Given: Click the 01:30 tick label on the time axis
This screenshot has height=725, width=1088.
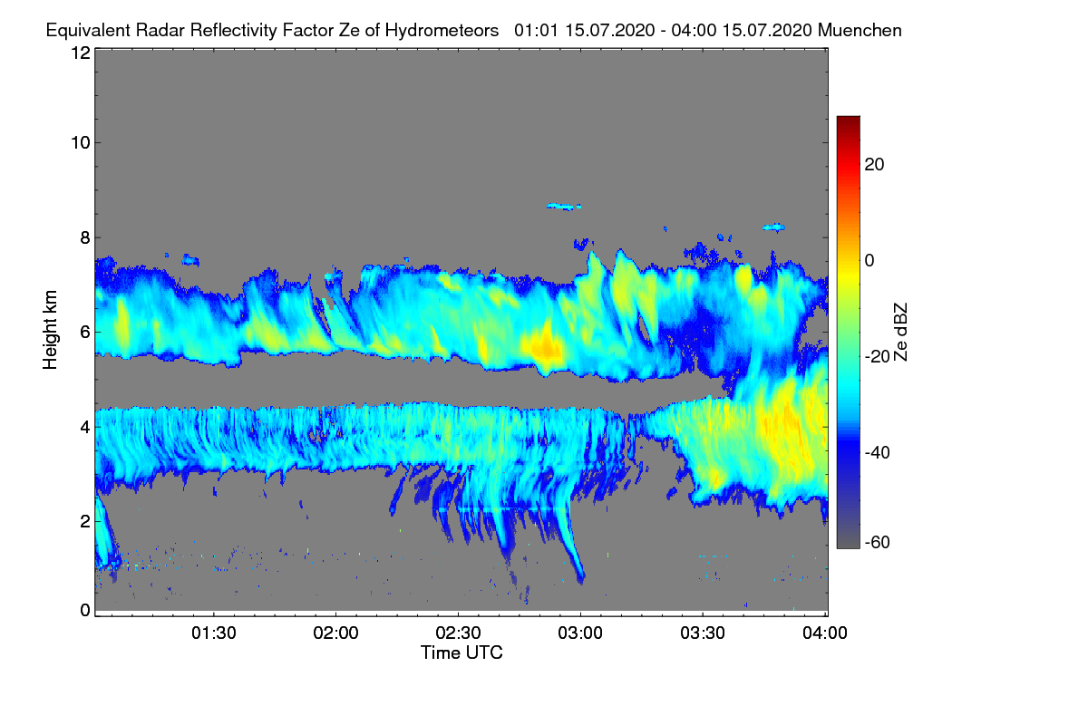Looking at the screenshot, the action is [x=213, y=633].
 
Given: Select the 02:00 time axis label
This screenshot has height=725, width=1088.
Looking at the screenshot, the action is [x=335, y=633].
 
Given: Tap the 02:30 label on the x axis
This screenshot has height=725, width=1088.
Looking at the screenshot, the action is [x=458, y=633].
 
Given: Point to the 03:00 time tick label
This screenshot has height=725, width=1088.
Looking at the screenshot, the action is [x=580, y=633].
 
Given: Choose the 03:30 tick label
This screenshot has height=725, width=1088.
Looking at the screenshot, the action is [x=703, y=633].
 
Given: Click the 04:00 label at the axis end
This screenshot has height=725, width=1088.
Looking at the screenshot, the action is [x=825, y=633].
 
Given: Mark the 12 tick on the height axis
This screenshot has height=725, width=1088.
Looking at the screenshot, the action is [x=81, y=53].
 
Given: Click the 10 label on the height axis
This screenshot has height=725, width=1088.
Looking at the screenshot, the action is [x=81, y=143].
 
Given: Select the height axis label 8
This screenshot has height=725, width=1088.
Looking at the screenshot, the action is [x=85, y=237].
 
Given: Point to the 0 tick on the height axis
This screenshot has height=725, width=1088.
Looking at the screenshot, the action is [x=85, y=610].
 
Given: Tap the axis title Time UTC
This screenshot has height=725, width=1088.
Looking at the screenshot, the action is [x=461, y=652].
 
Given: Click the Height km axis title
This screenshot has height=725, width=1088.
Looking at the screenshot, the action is [x=50, y=330].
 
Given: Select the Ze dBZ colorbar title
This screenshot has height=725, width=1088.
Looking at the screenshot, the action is [x=900, y=333].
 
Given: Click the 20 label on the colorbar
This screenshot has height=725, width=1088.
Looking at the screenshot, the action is [x=874, y=165].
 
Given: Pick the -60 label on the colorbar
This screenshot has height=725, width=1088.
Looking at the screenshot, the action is [x=877, y=542].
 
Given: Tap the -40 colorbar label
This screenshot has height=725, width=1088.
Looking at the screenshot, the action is [x=877, y=452].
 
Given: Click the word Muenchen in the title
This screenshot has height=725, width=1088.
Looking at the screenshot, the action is [x=860, y=30].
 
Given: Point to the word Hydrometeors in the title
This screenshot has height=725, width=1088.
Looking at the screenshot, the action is [x=442, y=31].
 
